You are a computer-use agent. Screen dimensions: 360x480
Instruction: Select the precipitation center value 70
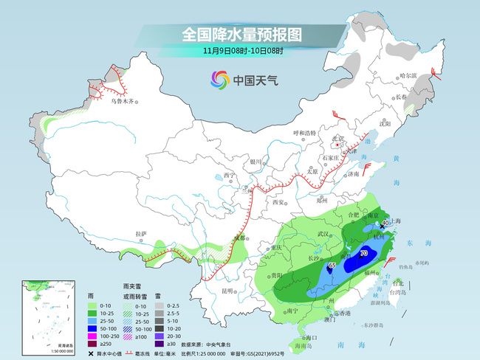coord(363,254)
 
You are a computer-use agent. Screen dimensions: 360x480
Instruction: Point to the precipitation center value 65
coord(332,265)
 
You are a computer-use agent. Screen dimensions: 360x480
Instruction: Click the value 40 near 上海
coord(385,223)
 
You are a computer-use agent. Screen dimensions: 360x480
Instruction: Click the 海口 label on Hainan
coord(300,336)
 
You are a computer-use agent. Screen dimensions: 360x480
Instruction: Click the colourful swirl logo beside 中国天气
coord(220,79)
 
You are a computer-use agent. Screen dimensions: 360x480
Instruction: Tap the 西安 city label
coord(278,201)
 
